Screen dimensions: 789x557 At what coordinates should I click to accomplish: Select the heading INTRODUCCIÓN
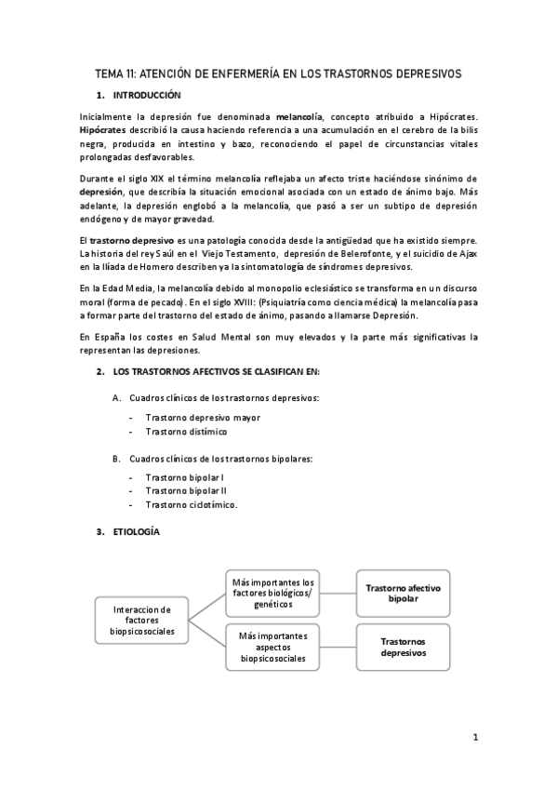(146, 96)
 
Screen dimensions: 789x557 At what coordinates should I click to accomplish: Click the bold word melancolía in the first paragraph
(298, 116)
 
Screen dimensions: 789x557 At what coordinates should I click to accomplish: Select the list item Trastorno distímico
(186, 431)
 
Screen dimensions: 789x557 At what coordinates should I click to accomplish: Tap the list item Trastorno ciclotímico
(192, 504)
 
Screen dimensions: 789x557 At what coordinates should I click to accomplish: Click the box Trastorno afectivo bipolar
(403, 593)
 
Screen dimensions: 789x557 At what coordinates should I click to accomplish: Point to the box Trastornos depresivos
(403, 647)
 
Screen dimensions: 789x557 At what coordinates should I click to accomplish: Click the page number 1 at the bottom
(475, 738)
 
